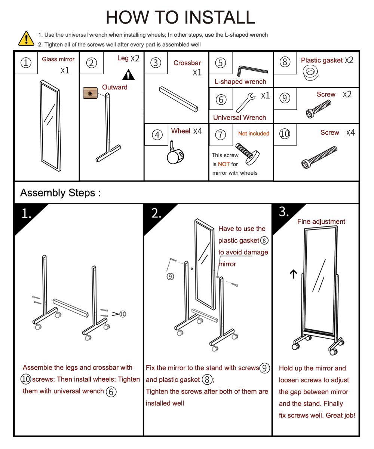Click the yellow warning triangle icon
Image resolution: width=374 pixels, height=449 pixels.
click(x=26, y=38)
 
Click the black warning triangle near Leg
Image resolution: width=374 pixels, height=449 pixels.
click(x=128, y=75)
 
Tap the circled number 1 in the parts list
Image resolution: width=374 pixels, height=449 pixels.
click(x=26, y=63)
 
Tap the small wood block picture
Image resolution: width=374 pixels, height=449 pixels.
click(x=90, y=92)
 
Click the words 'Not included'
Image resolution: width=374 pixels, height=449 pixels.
click(x=254, y=134)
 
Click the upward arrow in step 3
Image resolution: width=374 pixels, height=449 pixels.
click(x=293, y=274)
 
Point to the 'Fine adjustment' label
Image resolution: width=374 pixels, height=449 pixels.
click(x=321, y=222)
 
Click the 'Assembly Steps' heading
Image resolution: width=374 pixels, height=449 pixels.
click(x=61, y=193)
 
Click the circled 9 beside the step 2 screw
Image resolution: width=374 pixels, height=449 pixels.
click(x=171, y=277)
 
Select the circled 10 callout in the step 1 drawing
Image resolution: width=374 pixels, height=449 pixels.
click(x=123, y=314)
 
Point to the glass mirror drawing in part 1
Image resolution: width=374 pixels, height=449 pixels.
click(x=50, y=125)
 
